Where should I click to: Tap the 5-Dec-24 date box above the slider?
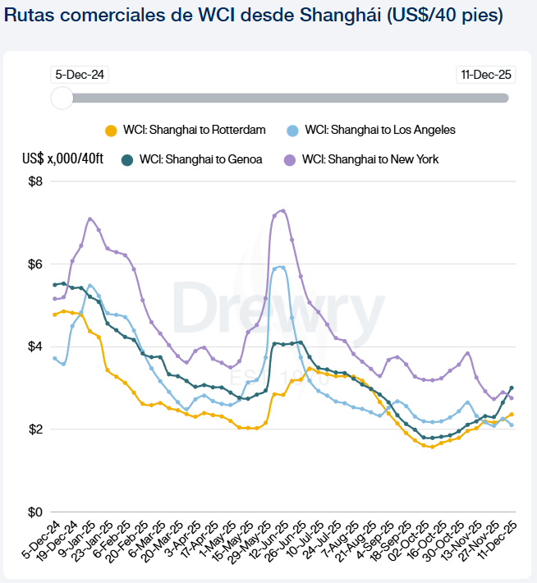coord(79,75)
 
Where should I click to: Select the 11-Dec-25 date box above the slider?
coord(486,75)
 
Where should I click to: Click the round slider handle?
coord(62,98)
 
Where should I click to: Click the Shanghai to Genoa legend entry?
coord(192,159)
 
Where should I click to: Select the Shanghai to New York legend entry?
coord(361,159)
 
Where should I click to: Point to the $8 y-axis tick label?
coord(35,181)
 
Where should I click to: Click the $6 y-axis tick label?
coord(35,264)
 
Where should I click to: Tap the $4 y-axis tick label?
coord(35,347)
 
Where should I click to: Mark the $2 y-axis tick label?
coord(35,429)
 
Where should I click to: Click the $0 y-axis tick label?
coord(35,512)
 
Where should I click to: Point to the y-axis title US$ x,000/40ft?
coord(63,159)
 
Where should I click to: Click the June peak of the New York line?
coord(283,210)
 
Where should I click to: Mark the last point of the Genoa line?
coord(512,388)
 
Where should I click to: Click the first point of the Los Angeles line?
coord(55,358)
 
